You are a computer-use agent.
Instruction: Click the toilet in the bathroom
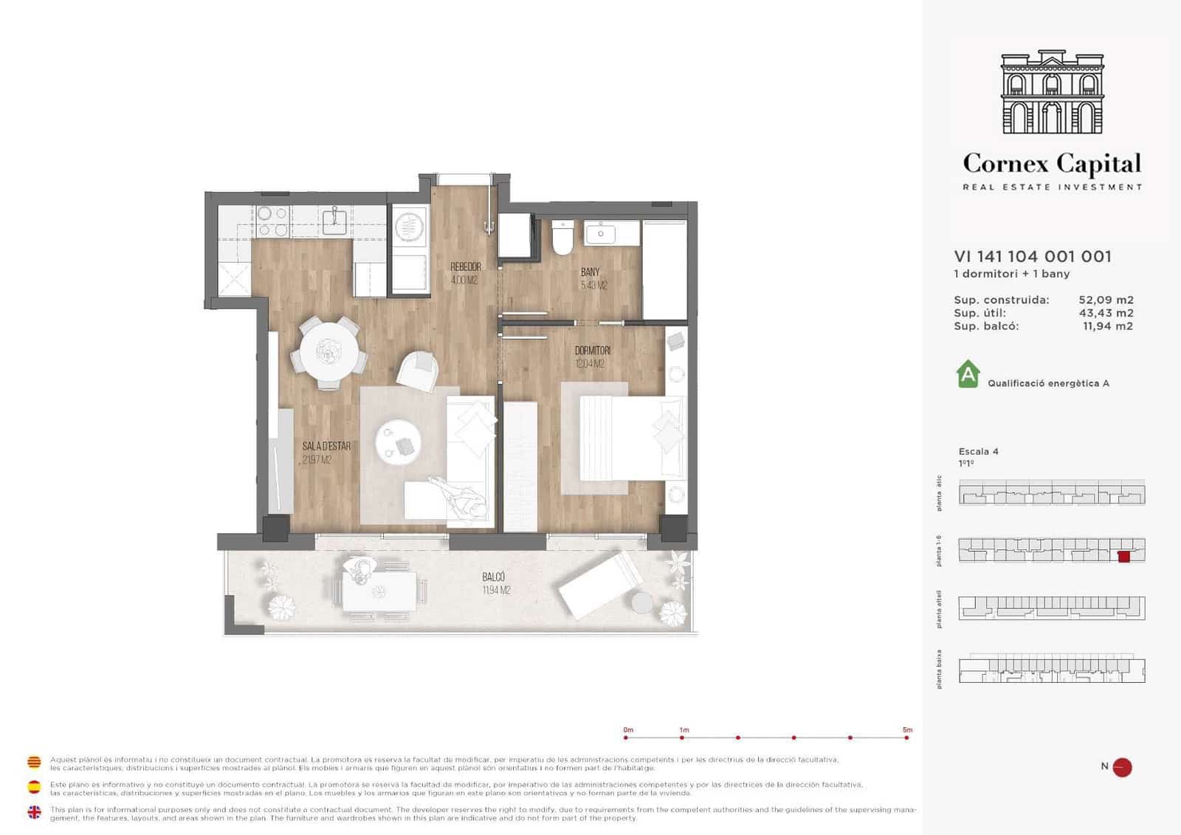click(562, 238)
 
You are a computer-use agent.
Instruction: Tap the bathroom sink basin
click(601, 234)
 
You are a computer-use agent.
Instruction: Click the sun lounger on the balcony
click(602, 584)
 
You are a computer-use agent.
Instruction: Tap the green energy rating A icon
click(968, 374)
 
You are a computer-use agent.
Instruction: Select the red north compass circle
click(1122, 767)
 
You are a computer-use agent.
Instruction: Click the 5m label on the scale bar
click(907, 729)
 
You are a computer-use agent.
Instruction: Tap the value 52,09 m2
click(1106, 300)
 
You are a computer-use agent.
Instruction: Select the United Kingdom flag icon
click(34, 812)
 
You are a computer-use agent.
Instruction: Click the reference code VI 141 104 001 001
click(1033, 256)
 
